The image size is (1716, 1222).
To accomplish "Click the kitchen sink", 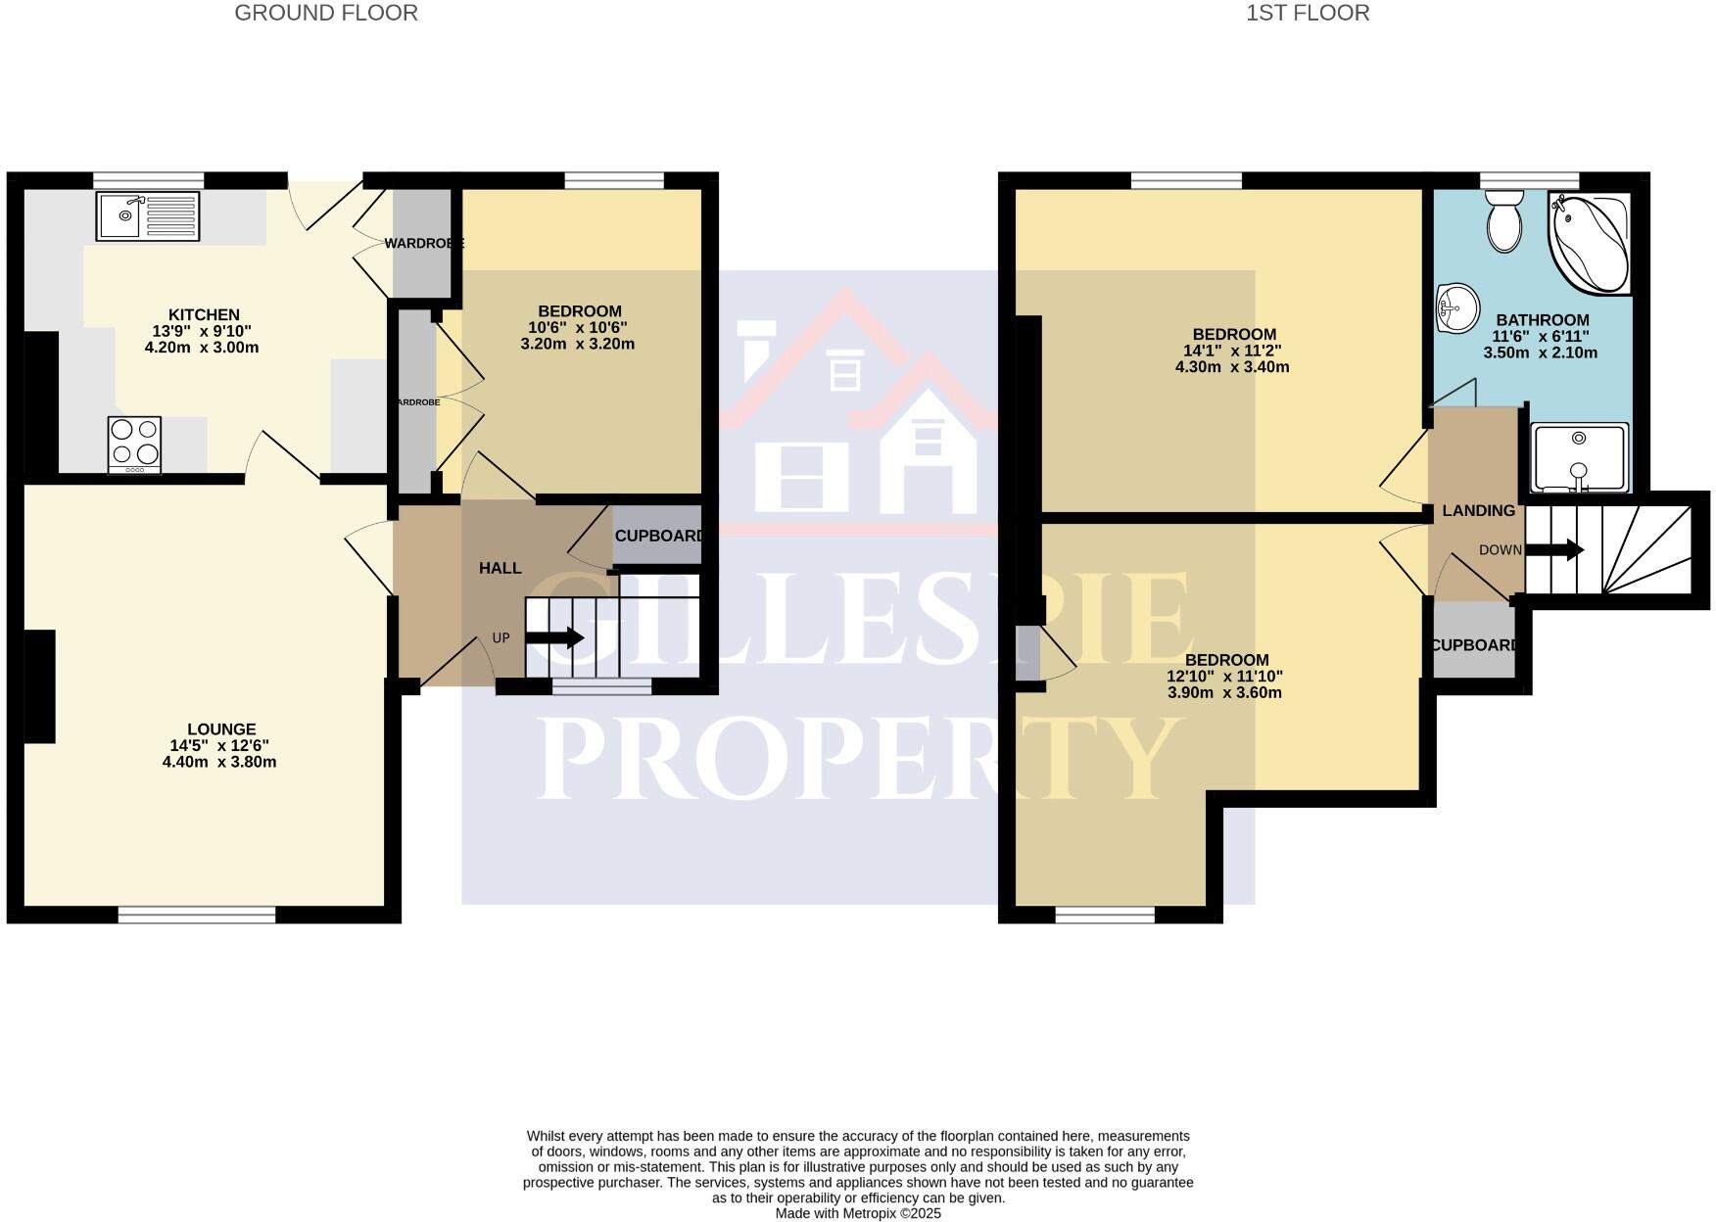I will [x=148, y=216].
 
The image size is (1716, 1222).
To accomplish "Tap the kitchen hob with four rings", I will [x=134, y=444].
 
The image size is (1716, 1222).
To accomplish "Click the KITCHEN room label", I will [x=204, y=314].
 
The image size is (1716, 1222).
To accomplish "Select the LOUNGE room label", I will [x=221, y=728].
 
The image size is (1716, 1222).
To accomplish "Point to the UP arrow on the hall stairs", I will [x=555, y=638].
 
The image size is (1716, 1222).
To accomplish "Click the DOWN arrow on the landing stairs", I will [x=1554, y=550].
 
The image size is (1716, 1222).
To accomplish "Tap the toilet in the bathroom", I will [x=1502, y=220].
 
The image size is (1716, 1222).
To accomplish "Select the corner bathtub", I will [x=1589, y=241].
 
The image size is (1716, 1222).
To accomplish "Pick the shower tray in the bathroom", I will [x=1579, y=457].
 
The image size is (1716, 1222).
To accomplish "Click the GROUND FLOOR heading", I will [x=326, y=13].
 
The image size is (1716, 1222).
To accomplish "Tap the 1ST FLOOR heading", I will [x=1308, y=13].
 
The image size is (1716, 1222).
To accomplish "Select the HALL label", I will [x=500, y=568].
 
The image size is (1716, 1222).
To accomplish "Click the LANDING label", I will [x=1478, y=510].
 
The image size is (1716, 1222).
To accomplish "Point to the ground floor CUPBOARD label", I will [x=659, y=536].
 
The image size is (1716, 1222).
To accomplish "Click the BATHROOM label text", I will [x=1542, y=319].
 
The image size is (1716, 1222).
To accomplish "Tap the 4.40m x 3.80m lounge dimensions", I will [x=219, y=762].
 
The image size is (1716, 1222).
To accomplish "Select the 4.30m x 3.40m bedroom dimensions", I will [x=1231, y=367].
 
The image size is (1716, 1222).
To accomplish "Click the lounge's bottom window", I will [x=197, y=915].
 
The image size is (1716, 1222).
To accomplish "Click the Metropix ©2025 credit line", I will [x=857, y=1213].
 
